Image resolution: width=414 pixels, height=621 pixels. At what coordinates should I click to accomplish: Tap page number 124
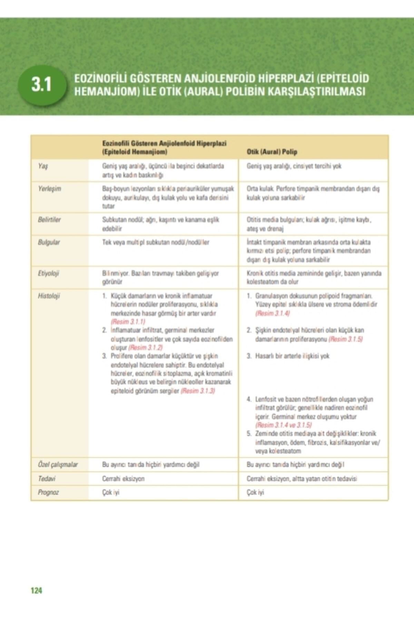tap(36, 590)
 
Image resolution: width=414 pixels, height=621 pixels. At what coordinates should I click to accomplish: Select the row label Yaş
tap(43, 166)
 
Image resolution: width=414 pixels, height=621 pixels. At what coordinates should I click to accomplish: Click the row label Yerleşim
tap(49, 189)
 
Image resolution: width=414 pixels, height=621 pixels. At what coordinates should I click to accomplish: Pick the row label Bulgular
tap(49, 242)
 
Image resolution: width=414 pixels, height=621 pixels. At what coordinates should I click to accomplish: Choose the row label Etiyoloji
tap(48, 273)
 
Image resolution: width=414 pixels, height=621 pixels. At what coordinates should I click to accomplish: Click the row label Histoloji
tap(49, 296)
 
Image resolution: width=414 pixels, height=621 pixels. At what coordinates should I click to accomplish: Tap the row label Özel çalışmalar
tap(58, 465)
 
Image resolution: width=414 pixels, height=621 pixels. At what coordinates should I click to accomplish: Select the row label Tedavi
tap(47, 479)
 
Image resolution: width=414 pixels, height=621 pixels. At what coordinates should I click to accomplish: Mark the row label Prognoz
tap(48, 492)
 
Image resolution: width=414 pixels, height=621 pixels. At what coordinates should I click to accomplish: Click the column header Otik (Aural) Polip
tap(272, 152)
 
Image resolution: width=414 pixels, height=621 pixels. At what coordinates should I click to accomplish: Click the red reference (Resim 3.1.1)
tap(128, 322)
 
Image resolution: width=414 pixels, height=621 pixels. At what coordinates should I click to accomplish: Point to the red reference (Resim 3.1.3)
tap(198, 391)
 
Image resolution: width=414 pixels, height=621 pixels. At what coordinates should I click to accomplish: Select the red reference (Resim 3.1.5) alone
tap(346, 339)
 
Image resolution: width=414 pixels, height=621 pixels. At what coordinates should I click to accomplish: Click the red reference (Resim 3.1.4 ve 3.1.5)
tap(284, 425)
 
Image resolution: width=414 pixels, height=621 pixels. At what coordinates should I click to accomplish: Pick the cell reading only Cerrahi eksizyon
tap(123, 479)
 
